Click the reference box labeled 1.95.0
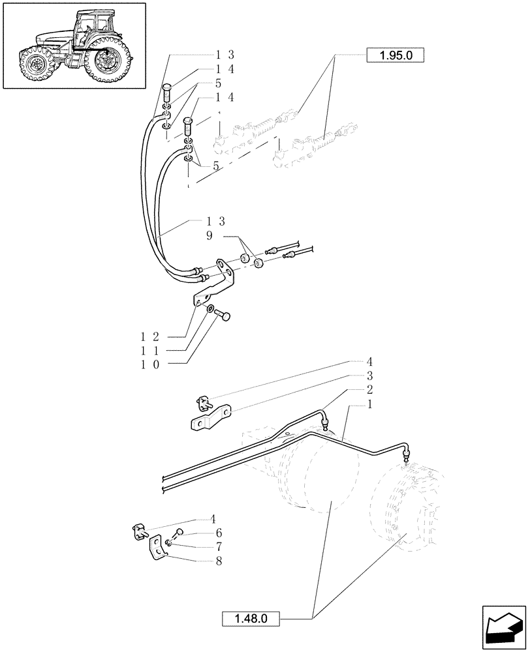[396, 55]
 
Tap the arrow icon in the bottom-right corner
[504, 627]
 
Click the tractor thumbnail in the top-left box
[74, 46]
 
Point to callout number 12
[150, 336]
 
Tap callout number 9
[209, 236]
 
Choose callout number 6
[219, 533]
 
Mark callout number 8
[219, 560]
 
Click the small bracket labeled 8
[159, 547]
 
